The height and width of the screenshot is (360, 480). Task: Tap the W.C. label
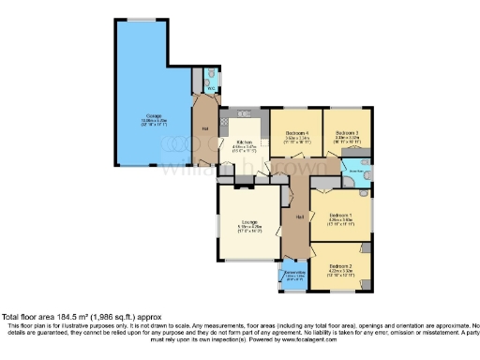(x=210, y=89)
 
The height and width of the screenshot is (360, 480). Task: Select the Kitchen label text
(x=242, y=142)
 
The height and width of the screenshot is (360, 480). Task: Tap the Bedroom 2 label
(x=339, y=265)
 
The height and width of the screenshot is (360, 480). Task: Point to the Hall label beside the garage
(x=203, y=127)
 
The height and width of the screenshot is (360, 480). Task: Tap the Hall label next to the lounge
(x=298, y=217)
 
